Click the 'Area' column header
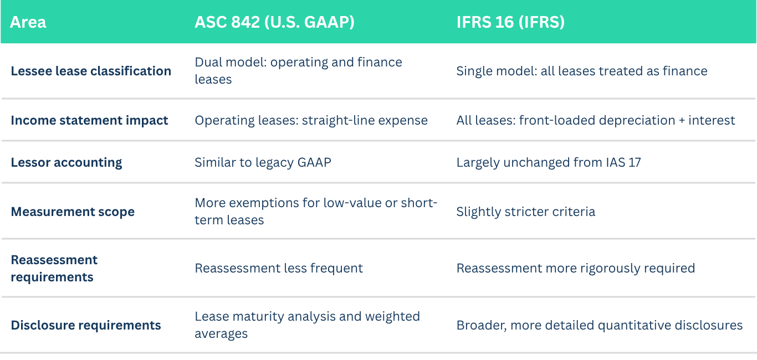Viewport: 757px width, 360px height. pyautogui.click(x=28, y=22)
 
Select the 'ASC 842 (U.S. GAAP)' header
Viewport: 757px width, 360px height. pyautogui.click(x=274, y=22)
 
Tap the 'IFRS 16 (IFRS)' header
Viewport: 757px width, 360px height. pyautogui.click(x=510, y=22)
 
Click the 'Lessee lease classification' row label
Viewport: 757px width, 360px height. pyautogui.click(x=91, y=71)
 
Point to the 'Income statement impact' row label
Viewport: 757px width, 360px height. pyautogui.click(x=89, y=120)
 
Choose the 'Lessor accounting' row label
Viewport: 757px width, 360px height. pyautogui.click(x=67, y=162)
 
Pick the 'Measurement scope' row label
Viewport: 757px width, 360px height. pyautogui.click(x=73, y=212)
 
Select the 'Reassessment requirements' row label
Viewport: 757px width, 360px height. pyautogui.click(x=54, y=268)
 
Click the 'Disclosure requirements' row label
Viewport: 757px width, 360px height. pyautogui.click(x=86, y=325)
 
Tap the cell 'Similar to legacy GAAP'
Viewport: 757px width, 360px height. pyautogui.click(x=263, y=162)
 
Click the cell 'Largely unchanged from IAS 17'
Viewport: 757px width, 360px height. pyautogui.click(x=549, y=162)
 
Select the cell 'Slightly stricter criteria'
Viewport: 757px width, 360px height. pyautogui.click(x=525, y=212)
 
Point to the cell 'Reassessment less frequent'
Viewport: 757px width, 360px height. pyautogui.click(x=279, y=268)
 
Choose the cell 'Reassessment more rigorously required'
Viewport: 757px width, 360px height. pyautogui.click(x=576, y=268)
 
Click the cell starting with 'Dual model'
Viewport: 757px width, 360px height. pyautogui.click(x=298, y=70)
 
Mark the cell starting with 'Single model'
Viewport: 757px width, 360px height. pyautogui.click(x=582, y=71)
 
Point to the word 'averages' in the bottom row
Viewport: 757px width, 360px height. pyautogui.click(x=221, y=334)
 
